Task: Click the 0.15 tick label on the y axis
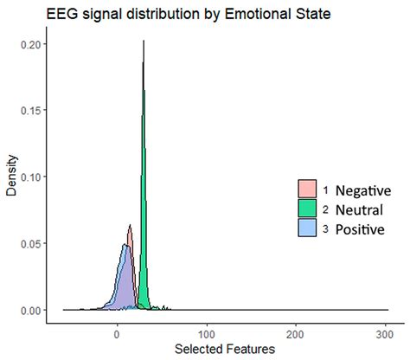[x=26, y=110]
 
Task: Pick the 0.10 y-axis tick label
[x=26, y=177]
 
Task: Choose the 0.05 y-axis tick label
[x=26, y=243]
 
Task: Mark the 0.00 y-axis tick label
[x=26, y=310]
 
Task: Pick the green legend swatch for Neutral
[x=306, y=209]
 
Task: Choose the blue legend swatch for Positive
[x=306, y=228]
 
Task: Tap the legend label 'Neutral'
[x=359, y=209]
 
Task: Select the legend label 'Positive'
[x=360, y=228]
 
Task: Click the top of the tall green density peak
[x=144, y=42]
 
